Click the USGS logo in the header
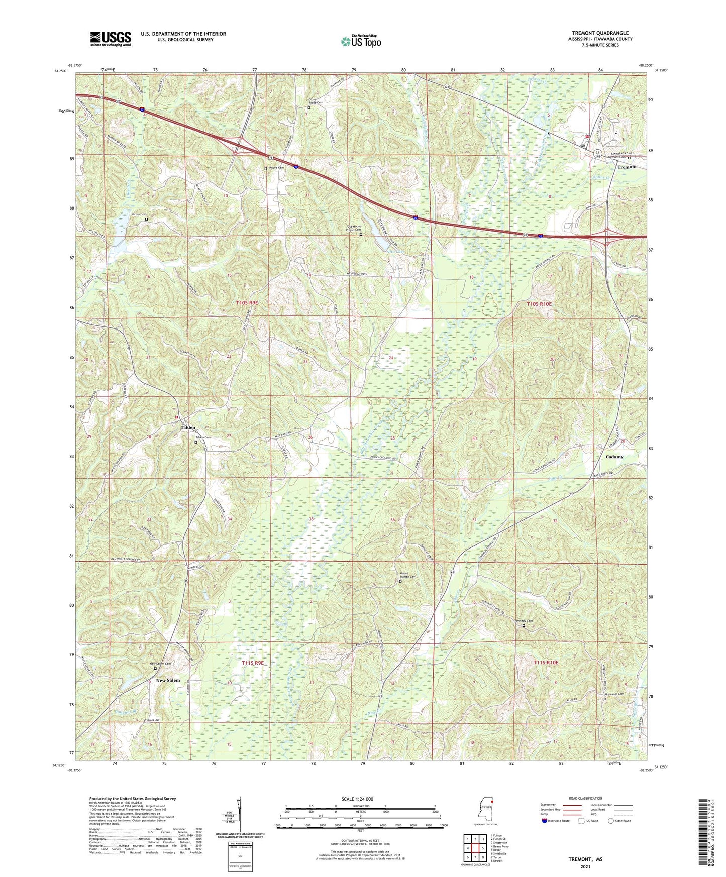click(111, 38)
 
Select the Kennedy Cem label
click(523, 621)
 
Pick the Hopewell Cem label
click(613, 694)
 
